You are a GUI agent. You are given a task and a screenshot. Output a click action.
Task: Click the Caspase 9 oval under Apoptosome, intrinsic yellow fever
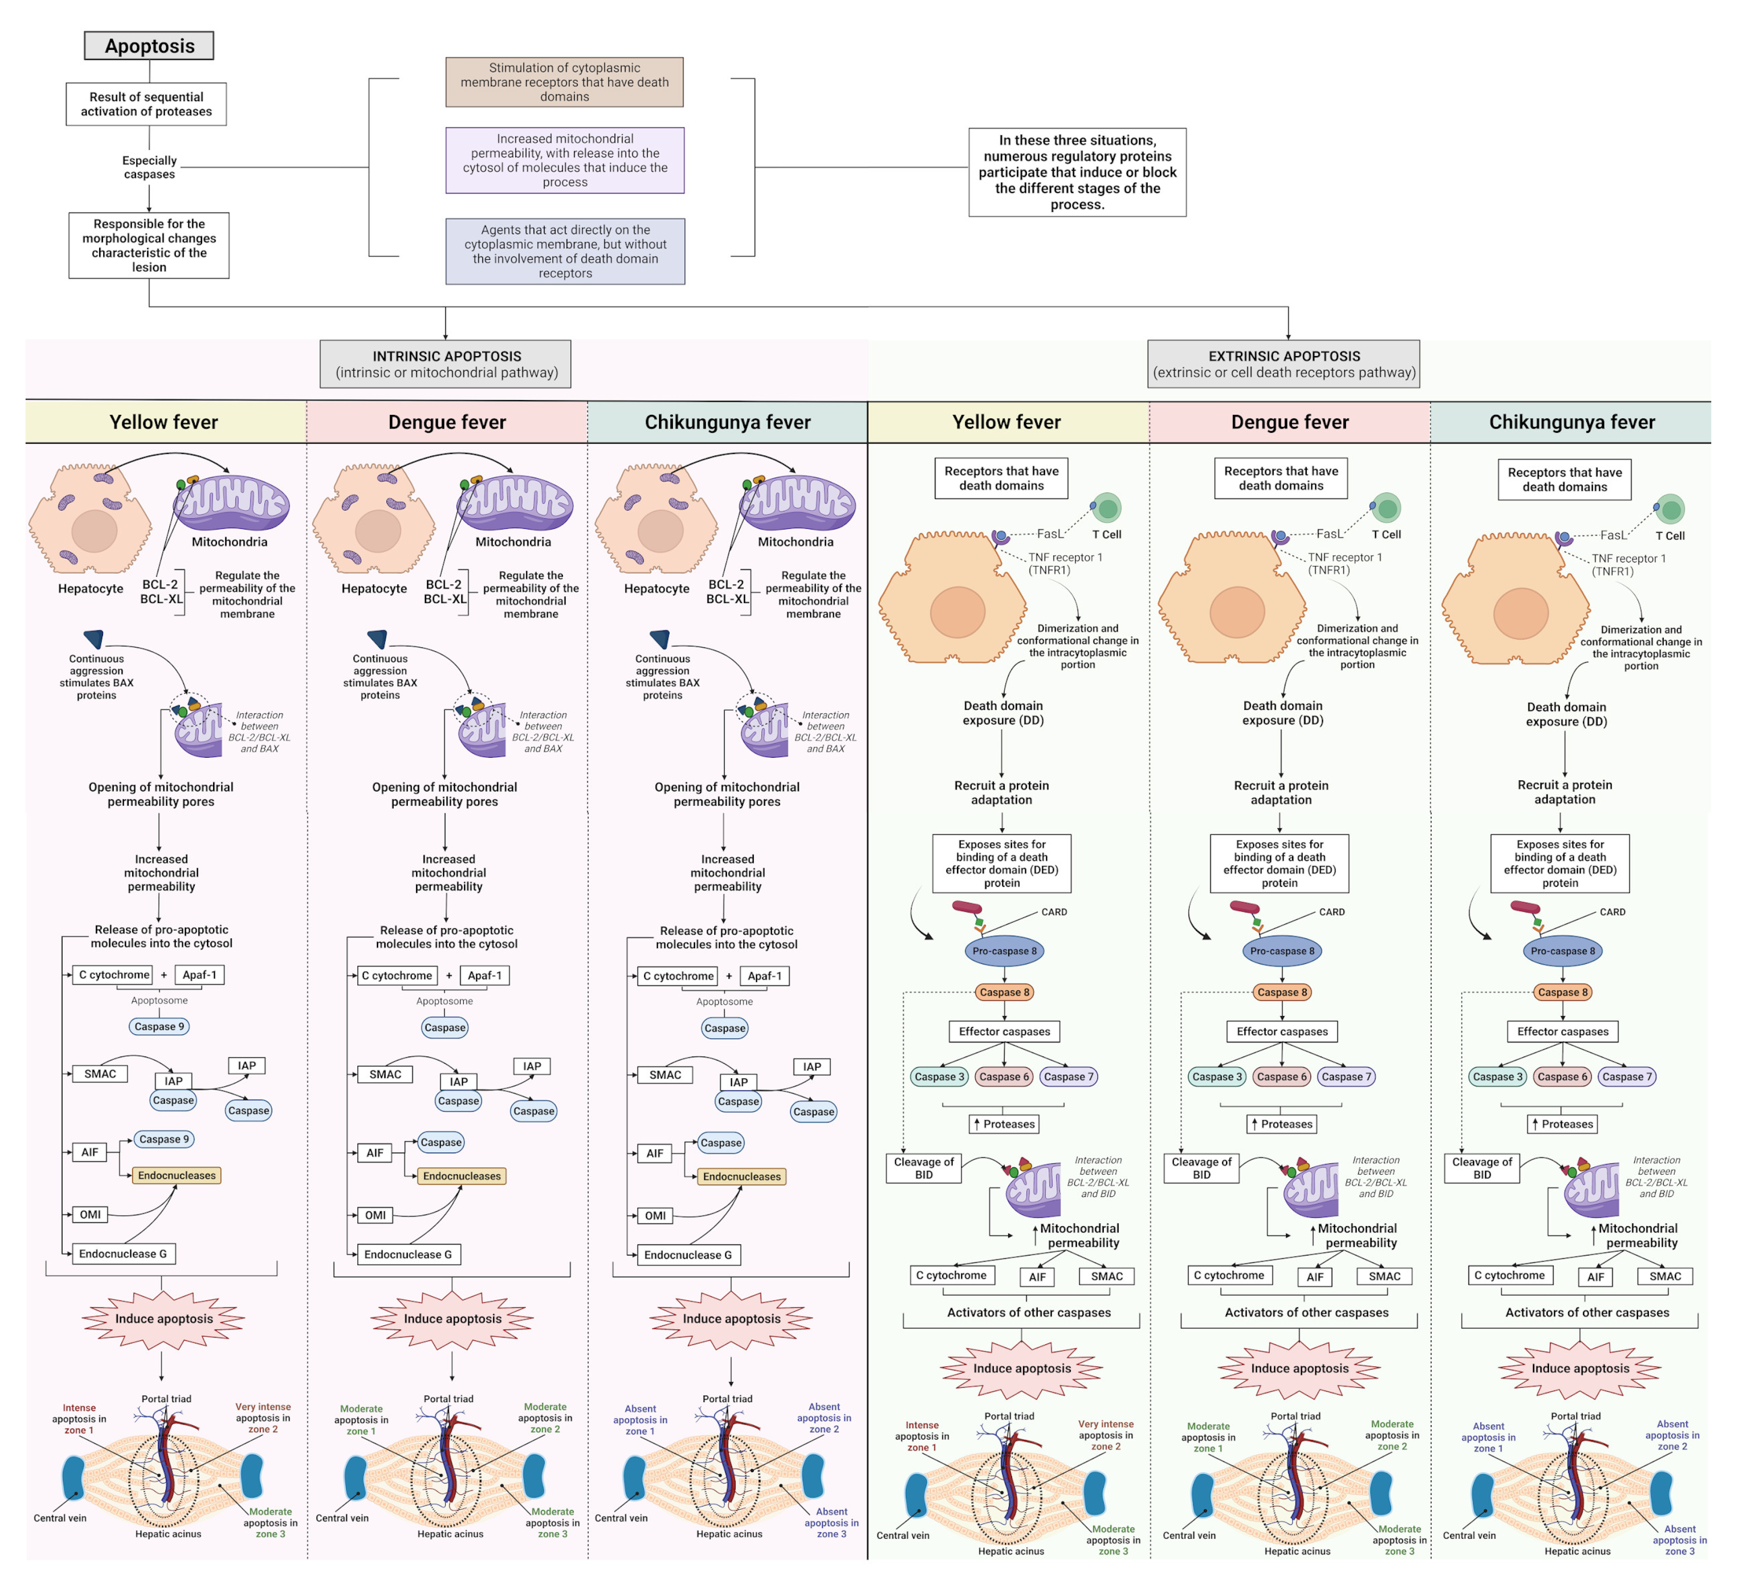pos(159,1026)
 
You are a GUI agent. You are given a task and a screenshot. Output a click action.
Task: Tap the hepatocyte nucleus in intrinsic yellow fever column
pos(94,531)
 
